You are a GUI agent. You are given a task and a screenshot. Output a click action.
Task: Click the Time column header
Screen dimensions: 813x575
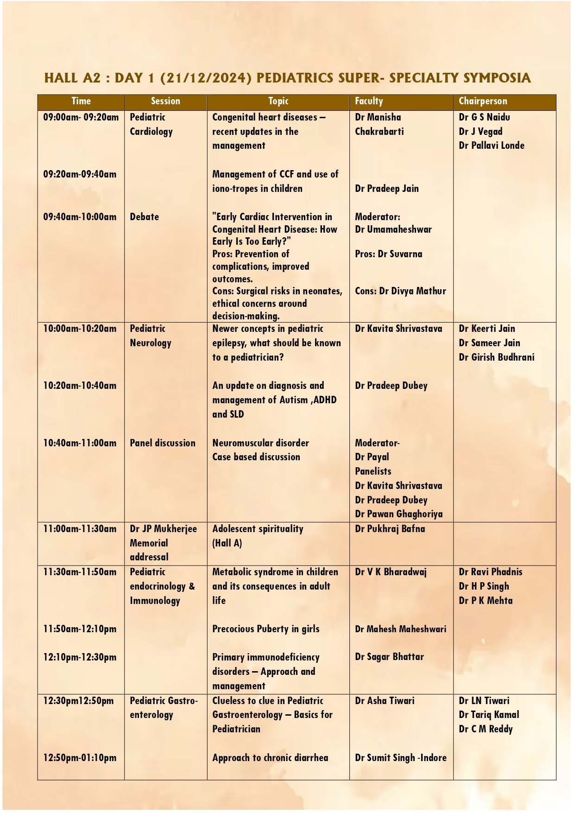click(81, 102)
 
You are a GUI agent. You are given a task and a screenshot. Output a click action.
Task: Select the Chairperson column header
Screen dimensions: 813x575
click(483, 102)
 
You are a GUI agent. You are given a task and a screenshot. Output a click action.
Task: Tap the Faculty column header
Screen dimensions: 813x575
click(369, 102)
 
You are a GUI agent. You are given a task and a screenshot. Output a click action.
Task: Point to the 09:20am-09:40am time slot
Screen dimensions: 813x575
click(80, 175)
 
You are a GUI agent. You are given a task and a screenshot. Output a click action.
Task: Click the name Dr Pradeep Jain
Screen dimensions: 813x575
click(386, 189)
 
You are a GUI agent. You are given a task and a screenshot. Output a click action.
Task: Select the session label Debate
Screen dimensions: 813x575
click(144, 217)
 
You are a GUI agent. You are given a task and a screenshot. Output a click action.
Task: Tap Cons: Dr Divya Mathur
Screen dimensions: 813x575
click(400, 291)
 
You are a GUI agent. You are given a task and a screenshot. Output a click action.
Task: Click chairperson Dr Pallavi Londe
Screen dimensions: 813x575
click(491, 146)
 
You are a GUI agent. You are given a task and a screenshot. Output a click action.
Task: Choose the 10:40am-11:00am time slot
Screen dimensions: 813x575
click(80, 443)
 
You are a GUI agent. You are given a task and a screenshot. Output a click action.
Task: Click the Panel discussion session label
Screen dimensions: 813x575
click(162, 443)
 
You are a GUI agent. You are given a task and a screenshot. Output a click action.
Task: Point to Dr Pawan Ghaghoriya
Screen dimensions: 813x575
click(398, 514)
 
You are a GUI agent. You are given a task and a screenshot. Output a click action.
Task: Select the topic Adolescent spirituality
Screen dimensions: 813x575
click(258, 529)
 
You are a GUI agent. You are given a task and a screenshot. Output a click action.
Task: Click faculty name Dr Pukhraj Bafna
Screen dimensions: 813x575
click(390, 529)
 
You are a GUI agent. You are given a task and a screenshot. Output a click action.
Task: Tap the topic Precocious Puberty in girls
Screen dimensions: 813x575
click(265, 629)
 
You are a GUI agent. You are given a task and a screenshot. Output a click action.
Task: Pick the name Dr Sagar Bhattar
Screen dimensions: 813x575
click(389, 657)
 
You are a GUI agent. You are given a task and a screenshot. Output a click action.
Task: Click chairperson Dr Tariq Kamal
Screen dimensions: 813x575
click(489, 715)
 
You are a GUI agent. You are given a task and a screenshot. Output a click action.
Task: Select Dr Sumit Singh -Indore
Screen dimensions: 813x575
click(400, 758)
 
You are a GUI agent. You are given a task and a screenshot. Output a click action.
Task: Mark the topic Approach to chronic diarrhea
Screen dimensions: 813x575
click(270, 758)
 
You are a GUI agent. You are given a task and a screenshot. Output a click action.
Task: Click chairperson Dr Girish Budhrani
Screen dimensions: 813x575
click(496, 357)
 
